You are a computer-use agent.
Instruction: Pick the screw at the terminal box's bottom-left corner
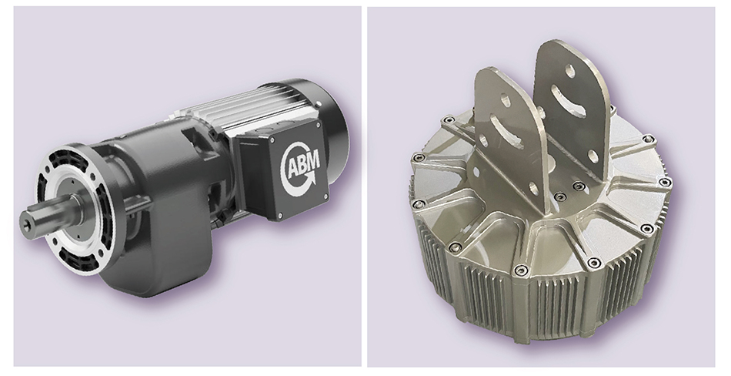pos(280,215)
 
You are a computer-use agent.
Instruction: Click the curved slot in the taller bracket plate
pos(569,101)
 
